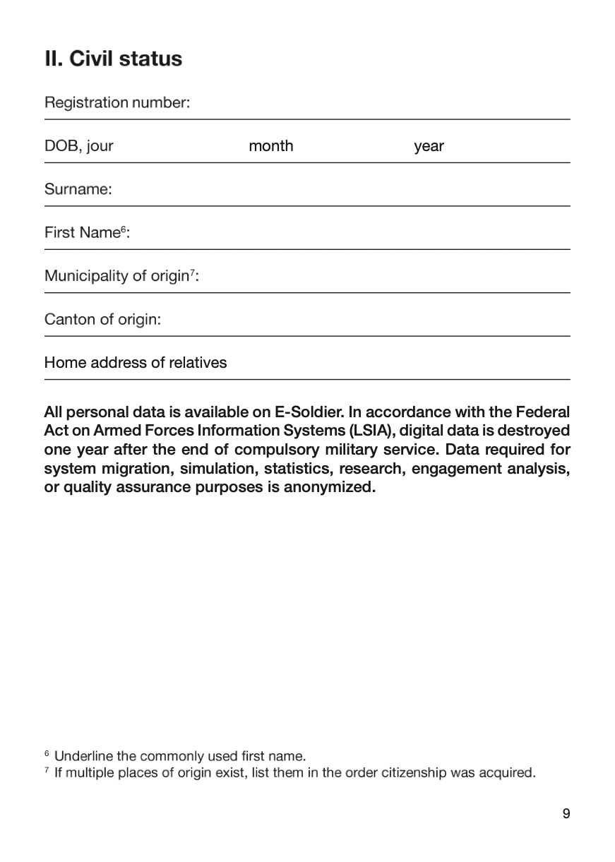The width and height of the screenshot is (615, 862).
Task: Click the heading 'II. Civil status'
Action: [113, 59]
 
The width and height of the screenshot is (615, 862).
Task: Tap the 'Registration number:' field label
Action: [117, 103]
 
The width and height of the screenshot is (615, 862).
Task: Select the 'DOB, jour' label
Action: [78, 146]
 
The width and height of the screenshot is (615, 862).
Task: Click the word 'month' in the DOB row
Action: [270, 146]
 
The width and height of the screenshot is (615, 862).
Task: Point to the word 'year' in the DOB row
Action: [429, 147]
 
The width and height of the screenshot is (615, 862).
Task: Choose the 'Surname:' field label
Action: [78, 189]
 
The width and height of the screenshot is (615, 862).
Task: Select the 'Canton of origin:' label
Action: [102, 320]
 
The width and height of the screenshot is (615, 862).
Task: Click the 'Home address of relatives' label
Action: [136, 363]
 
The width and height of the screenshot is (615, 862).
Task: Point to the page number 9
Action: [566, 814]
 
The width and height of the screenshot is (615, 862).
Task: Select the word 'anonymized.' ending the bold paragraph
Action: [329, 488]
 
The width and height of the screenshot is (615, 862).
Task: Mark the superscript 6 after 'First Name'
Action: [124, 229]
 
